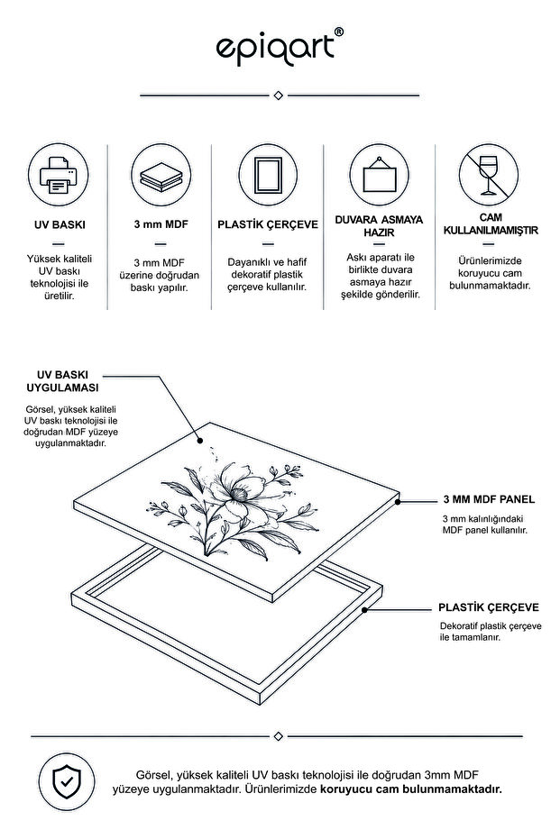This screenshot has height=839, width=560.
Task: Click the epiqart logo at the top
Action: (279, 47)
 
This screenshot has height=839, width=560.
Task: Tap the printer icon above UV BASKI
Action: (59, 176)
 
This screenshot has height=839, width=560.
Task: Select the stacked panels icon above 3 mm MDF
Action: (161, 176)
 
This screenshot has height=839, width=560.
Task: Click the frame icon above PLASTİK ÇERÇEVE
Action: (268, 175)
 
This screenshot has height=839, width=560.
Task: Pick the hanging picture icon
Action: (379, 176)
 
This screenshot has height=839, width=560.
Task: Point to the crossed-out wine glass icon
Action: (488, 175)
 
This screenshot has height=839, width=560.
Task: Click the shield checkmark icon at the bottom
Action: (67, 781)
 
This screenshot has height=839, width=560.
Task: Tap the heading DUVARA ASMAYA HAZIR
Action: (379, 226)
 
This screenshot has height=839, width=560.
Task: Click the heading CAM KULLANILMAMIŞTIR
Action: (491, 223)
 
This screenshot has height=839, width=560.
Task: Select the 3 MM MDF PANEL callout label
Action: (489, 499)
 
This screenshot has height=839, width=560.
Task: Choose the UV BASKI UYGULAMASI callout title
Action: (62, 381)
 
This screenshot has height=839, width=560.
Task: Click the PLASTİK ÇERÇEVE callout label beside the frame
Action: (489, 607)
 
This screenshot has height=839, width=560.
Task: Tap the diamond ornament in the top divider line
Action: (278, 96)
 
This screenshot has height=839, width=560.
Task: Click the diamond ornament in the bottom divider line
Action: (278, 736)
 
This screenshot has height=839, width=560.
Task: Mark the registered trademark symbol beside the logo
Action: (339, 32)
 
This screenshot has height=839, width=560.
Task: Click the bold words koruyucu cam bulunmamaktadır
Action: (411, 789)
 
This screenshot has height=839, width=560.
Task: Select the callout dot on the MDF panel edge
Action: (398, 502)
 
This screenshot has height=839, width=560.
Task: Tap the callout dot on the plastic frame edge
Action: (364, 609)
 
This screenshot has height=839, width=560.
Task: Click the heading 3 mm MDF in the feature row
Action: (161, 224)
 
